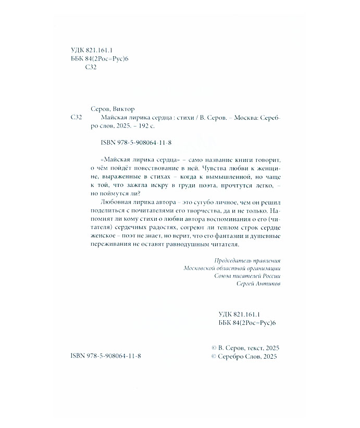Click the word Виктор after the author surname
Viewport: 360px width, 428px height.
pyautogui.click(x=123, y=109)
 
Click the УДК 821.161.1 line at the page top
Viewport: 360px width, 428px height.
pyautogui.click(x=91, y=50)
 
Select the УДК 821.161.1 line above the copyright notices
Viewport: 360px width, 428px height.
pyautogui.click(x=244, y=314)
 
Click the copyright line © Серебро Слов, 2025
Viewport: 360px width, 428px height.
pyautogui.click(x=242, y=357)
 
